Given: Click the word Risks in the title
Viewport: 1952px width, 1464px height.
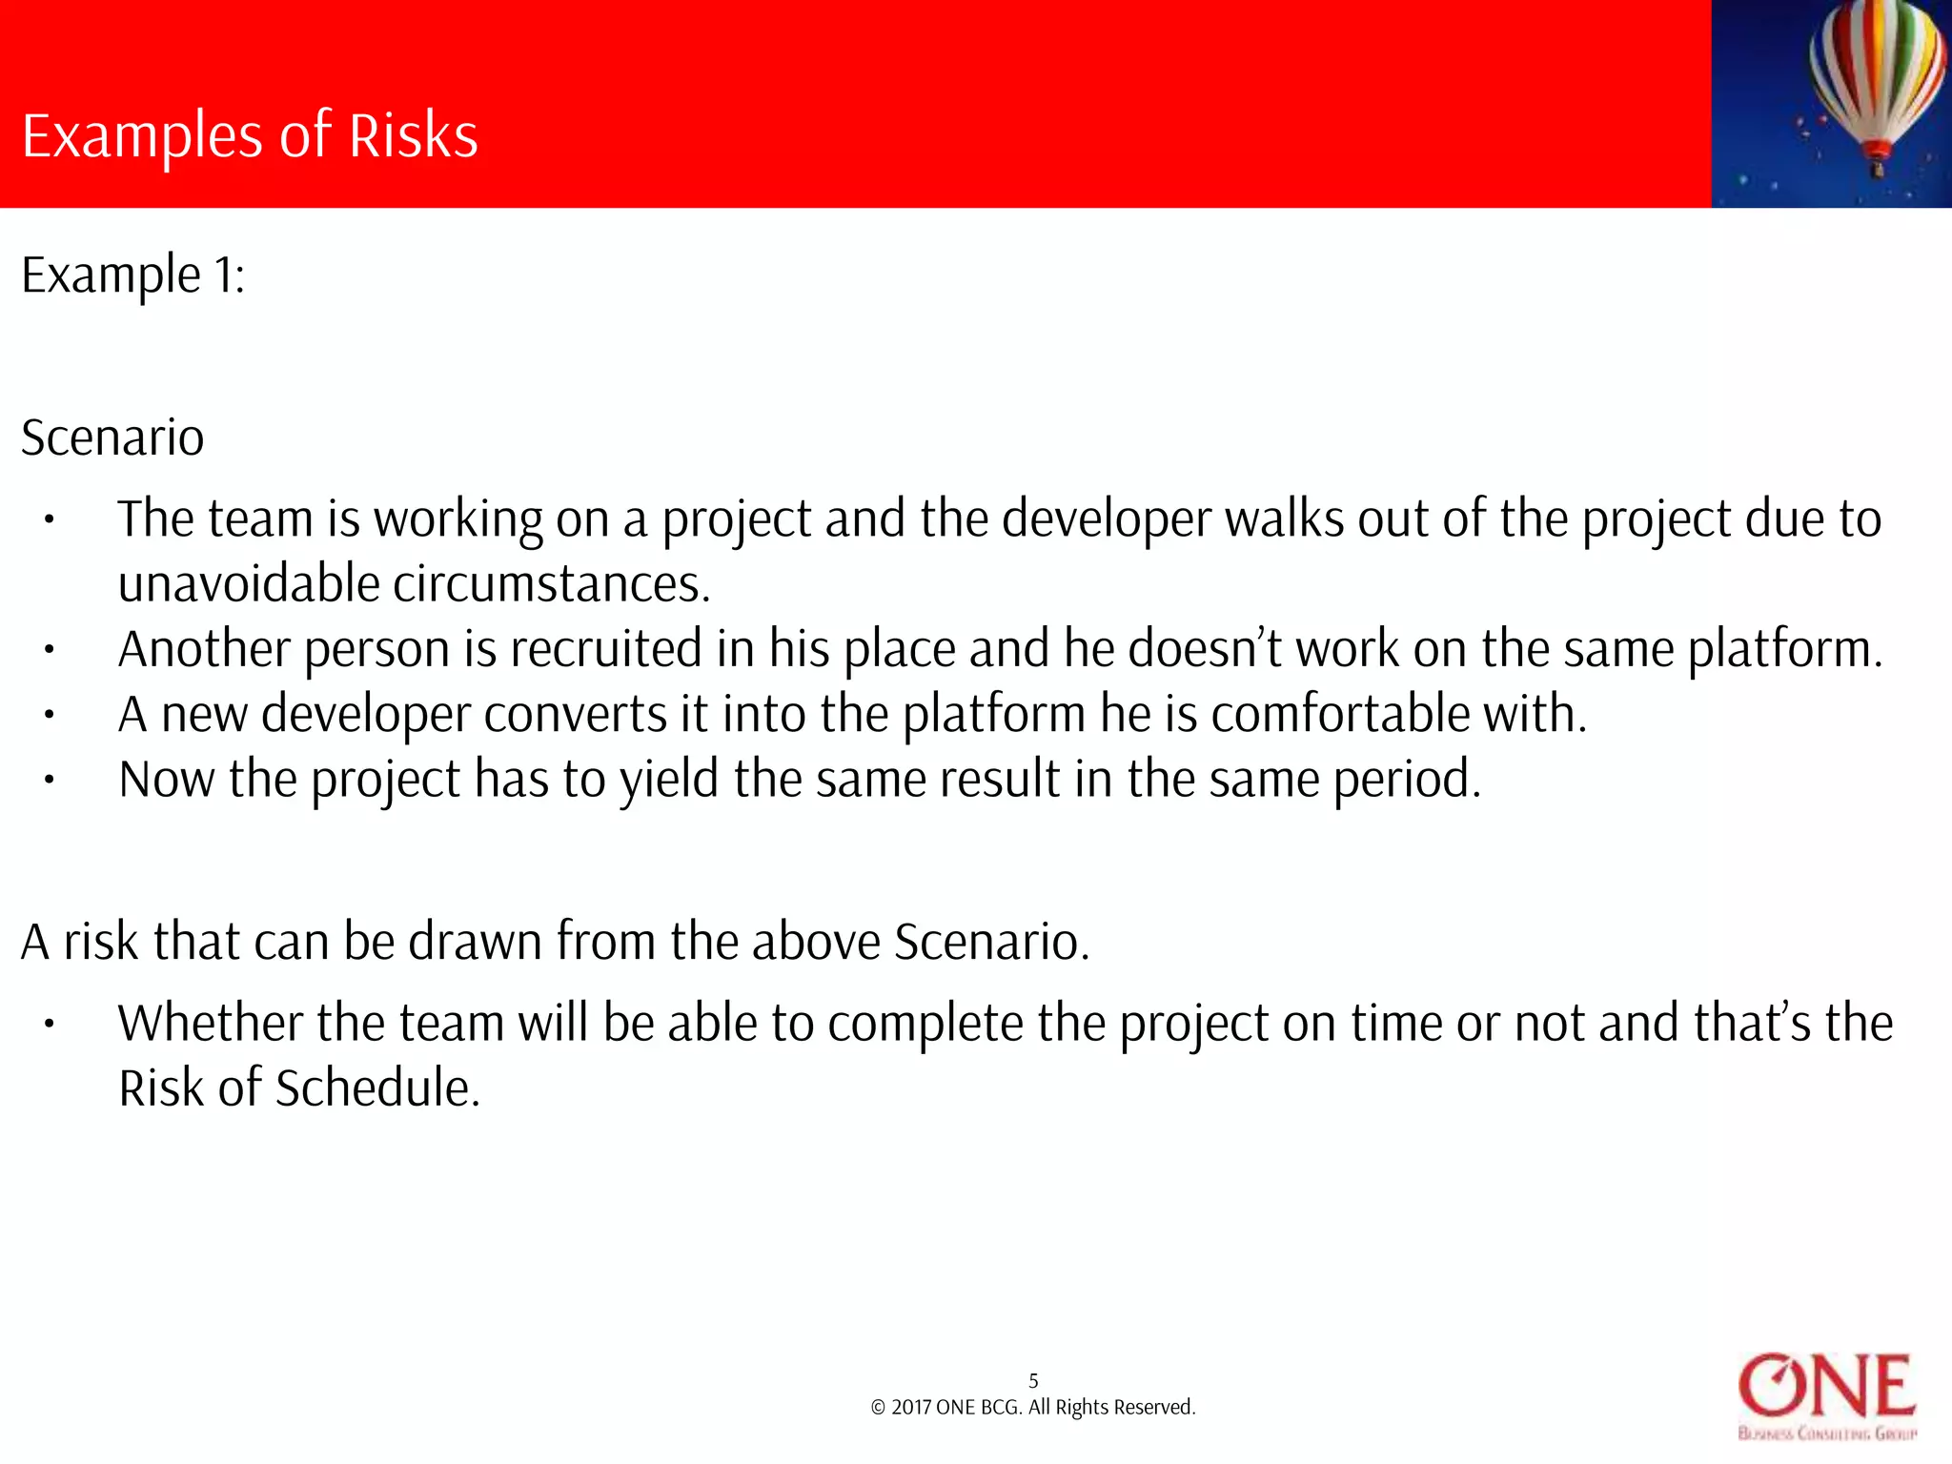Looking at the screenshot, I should coord(413,135).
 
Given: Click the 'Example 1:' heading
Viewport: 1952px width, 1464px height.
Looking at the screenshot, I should coord(133,276).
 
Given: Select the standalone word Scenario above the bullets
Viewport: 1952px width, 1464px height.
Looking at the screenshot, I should coord(112,438).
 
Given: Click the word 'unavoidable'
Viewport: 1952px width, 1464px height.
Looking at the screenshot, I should coord(249,583).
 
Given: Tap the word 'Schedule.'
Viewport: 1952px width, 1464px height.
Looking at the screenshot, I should coord(377,1088).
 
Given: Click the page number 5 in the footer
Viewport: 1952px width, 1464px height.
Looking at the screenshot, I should coord(1033,1381).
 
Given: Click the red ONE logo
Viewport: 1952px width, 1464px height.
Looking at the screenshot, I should coord(1826,1387).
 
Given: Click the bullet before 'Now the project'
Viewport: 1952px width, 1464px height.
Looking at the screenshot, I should coord(49,780).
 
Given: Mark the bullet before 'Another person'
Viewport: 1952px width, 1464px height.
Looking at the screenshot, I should coord(49,650).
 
